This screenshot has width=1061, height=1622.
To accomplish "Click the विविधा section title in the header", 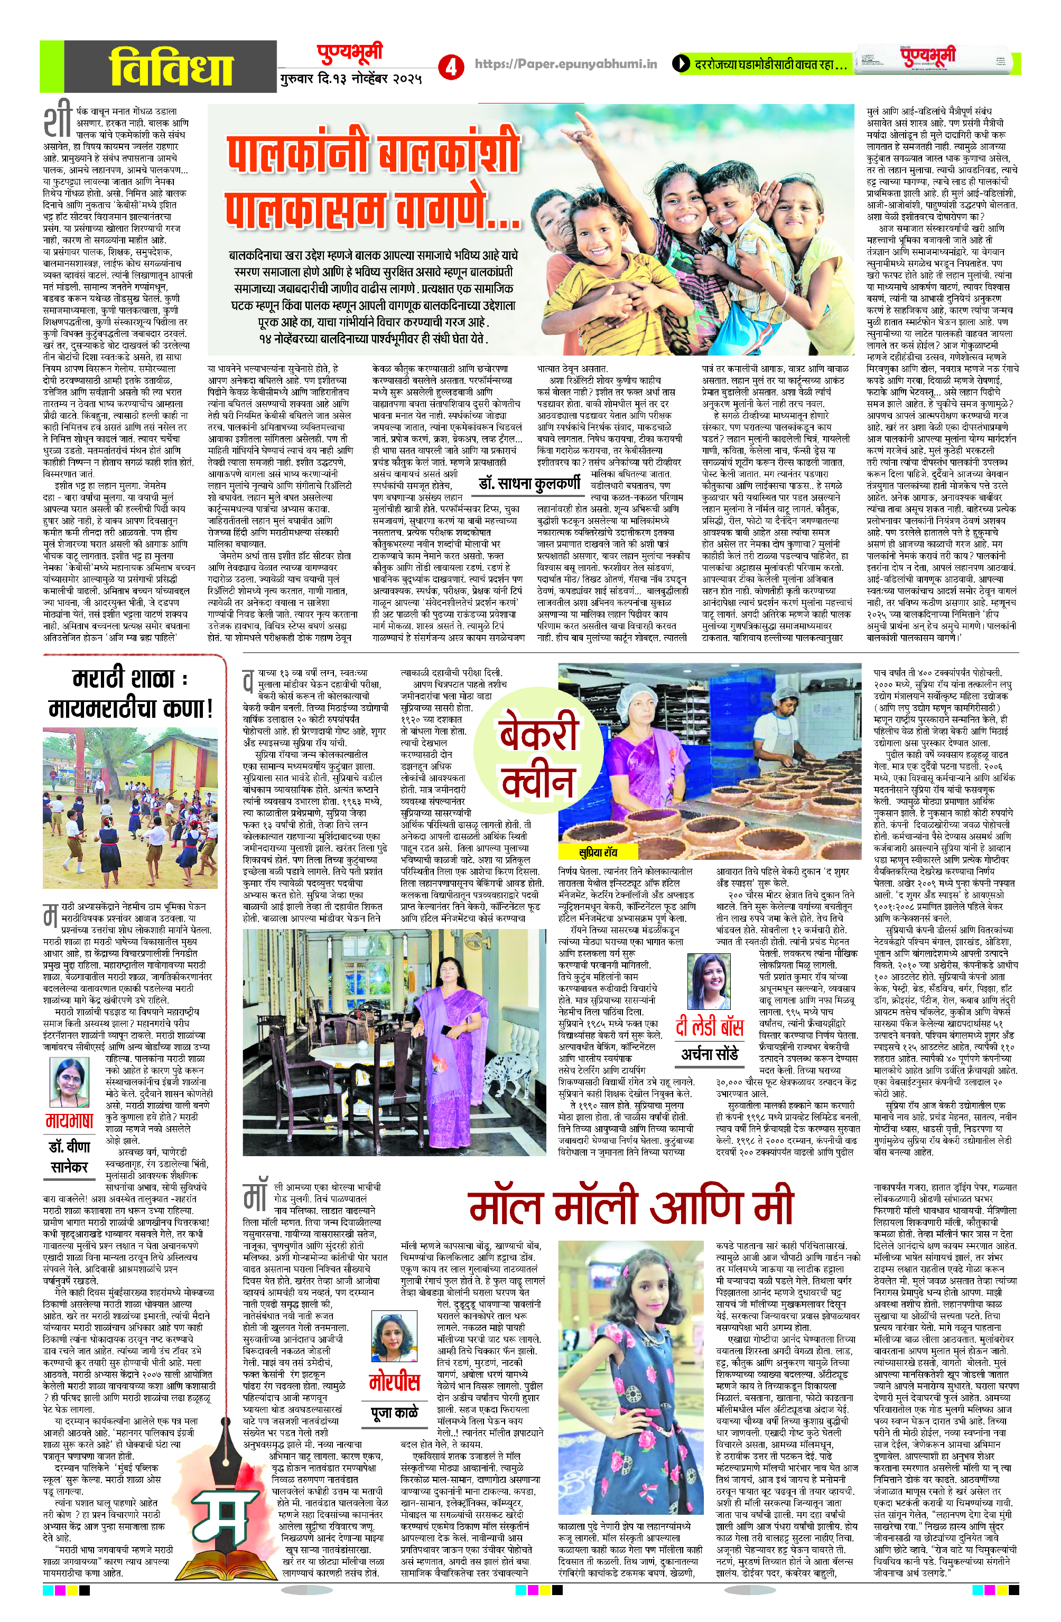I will coord(171,66).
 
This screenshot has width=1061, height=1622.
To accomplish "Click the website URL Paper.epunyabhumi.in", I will coord(566,64).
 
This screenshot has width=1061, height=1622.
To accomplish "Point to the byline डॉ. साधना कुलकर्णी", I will coord(530,483).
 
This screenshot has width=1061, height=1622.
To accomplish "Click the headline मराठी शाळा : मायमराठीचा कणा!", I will coord(130,694).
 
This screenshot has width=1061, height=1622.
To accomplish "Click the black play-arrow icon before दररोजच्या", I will coord(681,65).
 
